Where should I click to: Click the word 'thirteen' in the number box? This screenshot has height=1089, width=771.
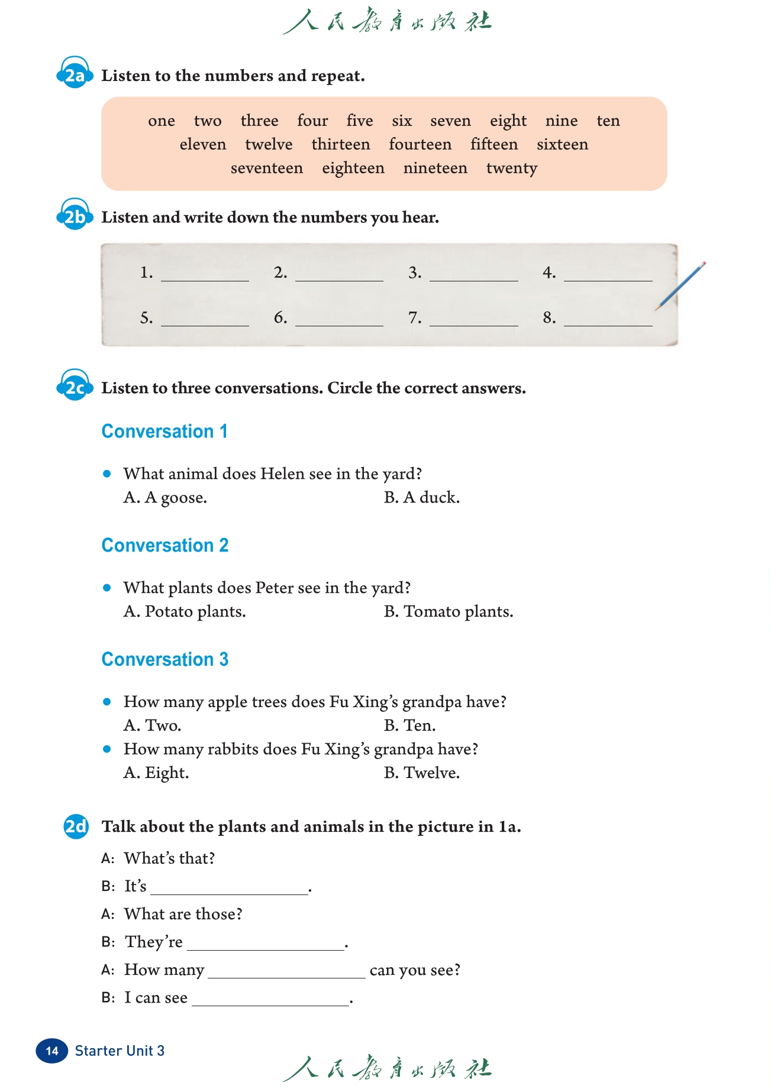pos(341,145)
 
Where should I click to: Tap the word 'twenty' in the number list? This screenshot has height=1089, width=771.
pos(512,168)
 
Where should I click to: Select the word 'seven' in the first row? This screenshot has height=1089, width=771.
pos(450,121)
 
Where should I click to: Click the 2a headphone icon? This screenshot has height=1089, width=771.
pos(75,74)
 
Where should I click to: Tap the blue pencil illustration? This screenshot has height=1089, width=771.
pos(680,286)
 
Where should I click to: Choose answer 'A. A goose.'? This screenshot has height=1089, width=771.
pos(165,498)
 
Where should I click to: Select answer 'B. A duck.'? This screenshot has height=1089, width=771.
pos(421,498)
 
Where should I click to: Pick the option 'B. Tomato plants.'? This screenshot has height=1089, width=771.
pos(449,612)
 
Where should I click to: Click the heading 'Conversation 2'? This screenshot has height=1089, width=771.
pos(165,545)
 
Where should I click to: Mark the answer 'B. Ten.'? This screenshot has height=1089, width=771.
pos(409,725)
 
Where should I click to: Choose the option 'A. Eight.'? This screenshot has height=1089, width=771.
pos(156,773)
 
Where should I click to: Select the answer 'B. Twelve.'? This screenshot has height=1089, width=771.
pos(421,773)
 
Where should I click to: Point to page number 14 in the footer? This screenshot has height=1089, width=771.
pos(52,1051)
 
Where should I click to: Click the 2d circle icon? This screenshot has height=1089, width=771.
pos(76,826)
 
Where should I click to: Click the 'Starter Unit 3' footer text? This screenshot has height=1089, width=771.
pos(120,1051)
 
